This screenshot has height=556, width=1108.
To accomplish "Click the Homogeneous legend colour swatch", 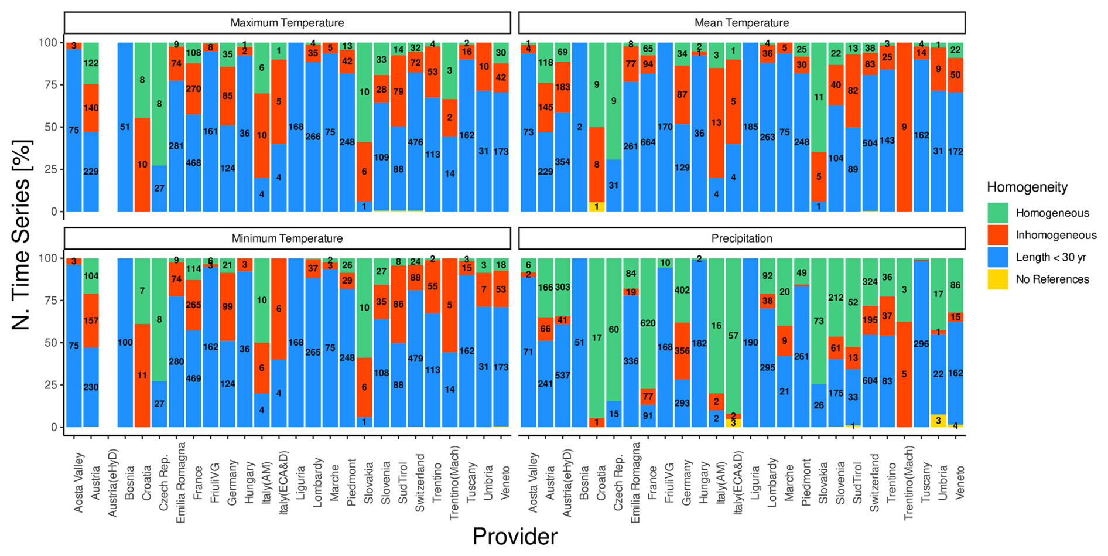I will coord(997,213).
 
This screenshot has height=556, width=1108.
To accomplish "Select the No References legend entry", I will coord(1052,279).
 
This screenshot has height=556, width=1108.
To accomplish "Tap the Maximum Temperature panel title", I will coord(287,23).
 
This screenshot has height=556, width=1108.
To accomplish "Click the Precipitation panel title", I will coord(741,238).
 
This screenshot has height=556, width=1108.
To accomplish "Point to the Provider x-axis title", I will coord(515,536).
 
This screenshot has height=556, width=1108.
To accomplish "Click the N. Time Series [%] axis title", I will coord(21,234).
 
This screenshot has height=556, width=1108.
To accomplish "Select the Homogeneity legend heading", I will coord(1027,187).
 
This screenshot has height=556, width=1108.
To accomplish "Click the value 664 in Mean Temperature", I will coord(648,142).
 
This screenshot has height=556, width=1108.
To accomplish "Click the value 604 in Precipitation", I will coord(870,381).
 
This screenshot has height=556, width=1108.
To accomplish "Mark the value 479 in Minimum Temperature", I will coord(415,359).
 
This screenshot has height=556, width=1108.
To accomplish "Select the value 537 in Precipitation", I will coord(562,376).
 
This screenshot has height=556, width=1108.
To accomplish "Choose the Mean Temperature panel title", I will coord(741,23).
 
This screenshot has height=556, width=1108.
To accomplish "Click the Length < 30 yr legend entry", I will coord(1051,257).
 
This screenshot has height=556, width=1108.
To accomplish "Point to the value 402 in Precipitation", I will coord(682,290).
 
